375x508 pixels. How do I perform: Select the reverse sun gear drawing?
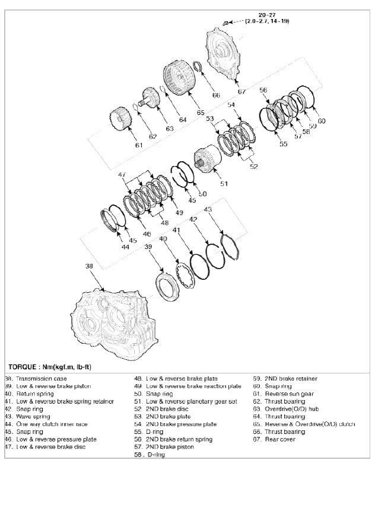click(x=122, y=122)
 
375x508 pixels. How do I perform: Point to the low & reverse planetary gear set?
click(x=208, y=158)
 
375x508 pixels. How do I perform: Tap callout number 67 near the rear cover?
click(x=241, y=92)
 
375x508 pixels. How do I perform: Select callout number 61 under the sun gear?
click(x=138, y=145)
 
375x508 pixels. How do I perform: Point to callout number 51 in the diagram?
click(x=224, y=184)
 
